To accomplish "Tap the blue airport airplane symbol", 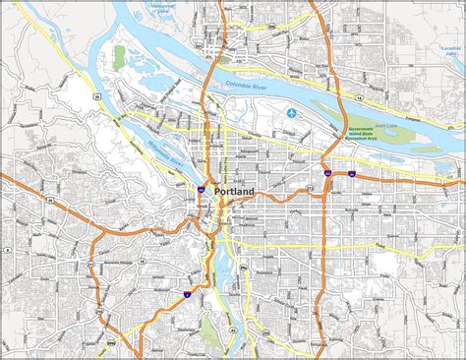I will point(292,114).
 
